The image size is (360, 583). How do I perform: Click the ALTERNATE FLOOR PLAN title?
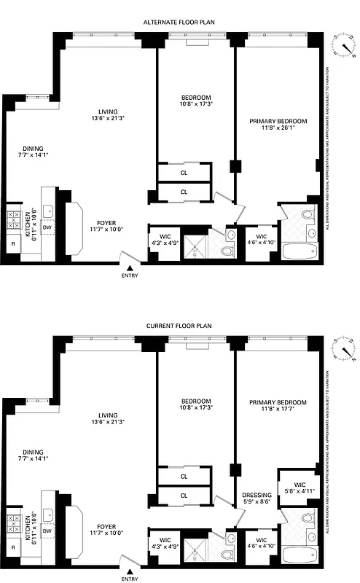[180, 23]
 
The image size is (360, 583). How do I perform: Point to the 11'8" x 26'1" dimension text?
[278, 128]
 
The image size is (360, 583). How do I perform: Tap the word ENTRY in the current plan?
[130, 579]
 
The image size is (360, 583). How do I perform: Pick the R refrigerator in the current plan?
[13, 547]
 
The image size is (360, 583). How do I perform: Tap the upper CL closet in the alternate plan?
[184, 173]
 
